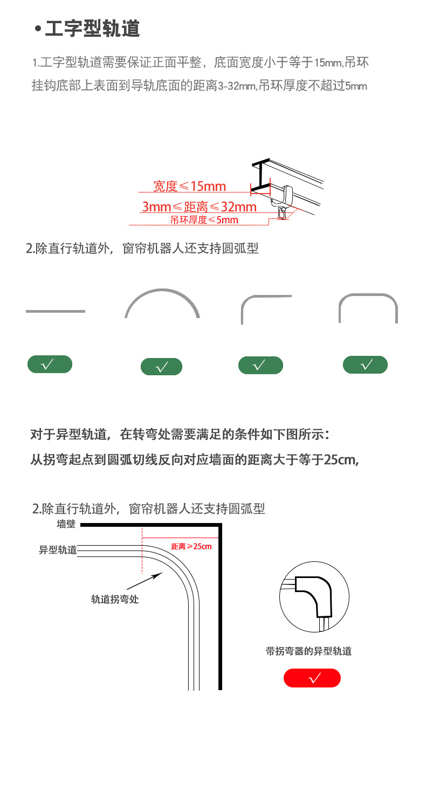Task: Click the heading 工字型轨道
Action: click(92, 29)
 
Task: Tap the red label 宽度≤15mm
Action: click(189, 187)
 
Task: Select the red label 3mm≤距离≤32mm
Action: click(199, 207)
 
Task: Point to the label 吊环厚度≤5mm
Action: click(204, 219)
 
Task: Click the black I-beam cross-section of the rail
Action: click(261, 176)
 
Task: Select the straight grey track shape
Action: click(56, 311)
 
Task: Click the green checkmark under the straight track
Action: click(50, 365)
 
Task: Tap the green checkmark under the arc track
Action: click(161, 367)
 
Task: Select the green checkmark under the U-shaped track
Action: click(365, 365)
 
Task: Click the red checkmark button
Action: click(312, 678)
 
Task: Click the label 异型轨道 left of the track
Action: click(58, 550)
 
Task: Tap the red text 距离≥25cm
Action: click(191, 546)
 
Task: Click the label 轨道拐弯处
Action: click(115, 599)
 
